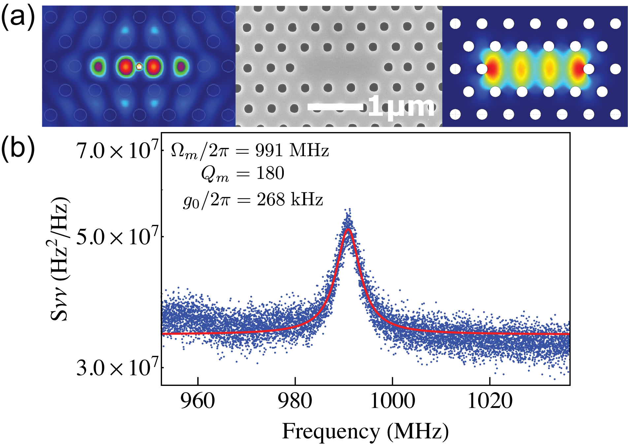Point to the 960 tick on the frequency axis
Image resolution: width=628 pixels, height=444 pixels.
[198, 401]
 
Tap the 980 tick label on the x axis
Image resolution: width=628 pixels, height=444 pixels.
[295, 401]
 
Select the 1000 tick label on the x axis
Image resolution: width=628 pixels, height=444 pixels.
[392, 401]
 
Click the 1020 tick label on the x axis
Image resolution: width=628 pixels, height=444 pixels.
[490, 401]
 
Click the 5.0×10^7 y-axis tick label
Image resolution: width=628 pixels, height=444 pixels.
[117, 236]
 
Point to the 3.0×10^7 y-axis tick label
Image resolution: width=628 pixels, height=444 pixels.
[117, 367]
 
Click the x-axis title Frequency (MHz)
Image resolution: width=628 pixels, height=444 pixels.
[365, 431]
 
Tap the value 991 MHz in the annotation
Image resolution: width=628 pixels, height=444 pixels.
[292, 151]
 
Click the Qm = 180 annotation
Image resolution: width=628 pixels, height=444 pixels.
[243, 173]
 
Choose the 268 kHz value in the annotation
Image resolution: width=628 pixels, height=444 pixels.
[290, 199]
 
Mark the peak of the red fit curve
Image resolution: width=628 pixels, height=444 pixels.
[348, 229]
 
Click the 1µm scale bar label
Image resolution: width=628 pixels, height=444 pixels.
[401, 107]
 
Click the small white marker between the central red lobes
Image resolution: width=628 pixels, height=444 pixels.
[139, 66]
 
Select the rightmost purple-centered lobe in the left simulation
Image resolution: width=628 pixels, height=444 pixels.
[181, 67]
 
